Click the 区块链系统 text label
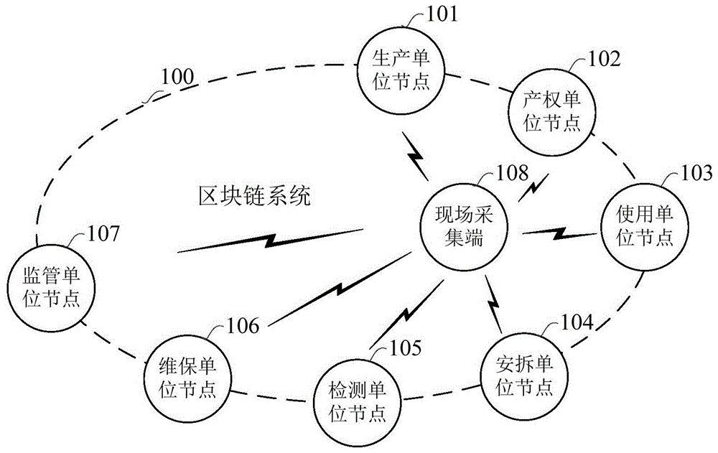[x=255, y=196]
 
